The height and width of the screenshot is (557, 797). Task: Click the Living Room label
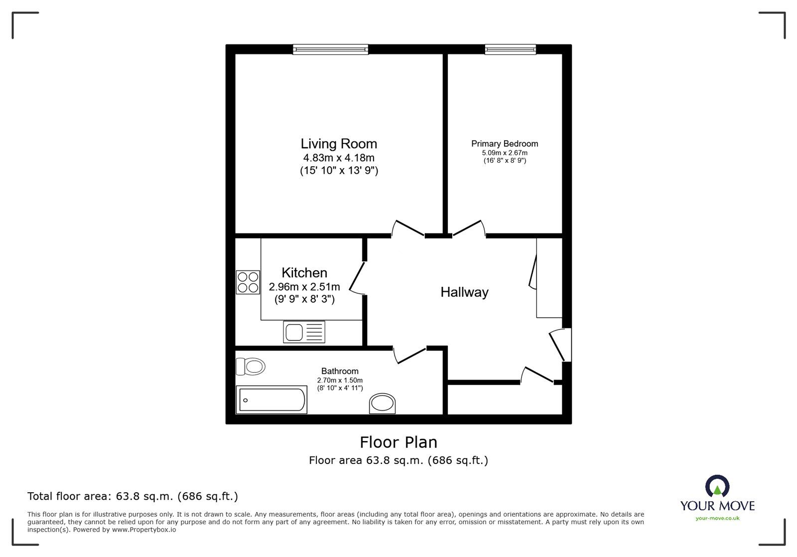coord(339,144)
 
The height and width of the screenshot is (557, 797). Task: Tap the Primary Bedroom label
coord(505,144)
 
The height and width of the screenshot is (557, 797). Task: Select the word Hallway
coord(464,292)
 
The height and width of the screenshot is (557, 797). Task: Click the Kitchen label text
coord(304,273)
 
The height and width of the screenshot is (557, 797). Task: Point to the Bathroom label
coord(340,371)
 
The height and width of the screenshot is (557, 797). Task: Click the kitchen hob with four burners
coord(248,282)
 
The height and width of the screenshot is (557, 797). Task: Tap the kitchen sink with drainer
coord(304,332)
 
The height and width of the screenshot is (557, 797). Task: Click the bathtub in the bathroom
coord(271,400)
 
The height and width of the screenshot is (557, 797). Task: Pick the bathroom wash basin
coord(382,404)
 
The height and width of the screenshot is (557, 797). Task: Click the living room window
coord(330,49)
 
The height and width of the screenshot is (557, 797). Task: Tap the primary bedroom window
coord(511,49)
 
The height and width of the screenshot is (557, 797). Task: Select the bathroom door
coord(410,354)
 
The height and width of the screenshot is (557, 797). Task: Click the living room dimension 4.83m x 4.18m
coord(339,158)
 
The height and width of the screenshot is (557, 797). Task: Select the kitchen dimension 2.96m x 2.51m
coord(304,287)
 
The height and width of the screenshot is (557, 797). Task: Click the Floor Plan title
coord(398,442)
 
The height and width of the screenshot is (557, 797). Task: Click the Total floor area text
coord(133,496)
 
